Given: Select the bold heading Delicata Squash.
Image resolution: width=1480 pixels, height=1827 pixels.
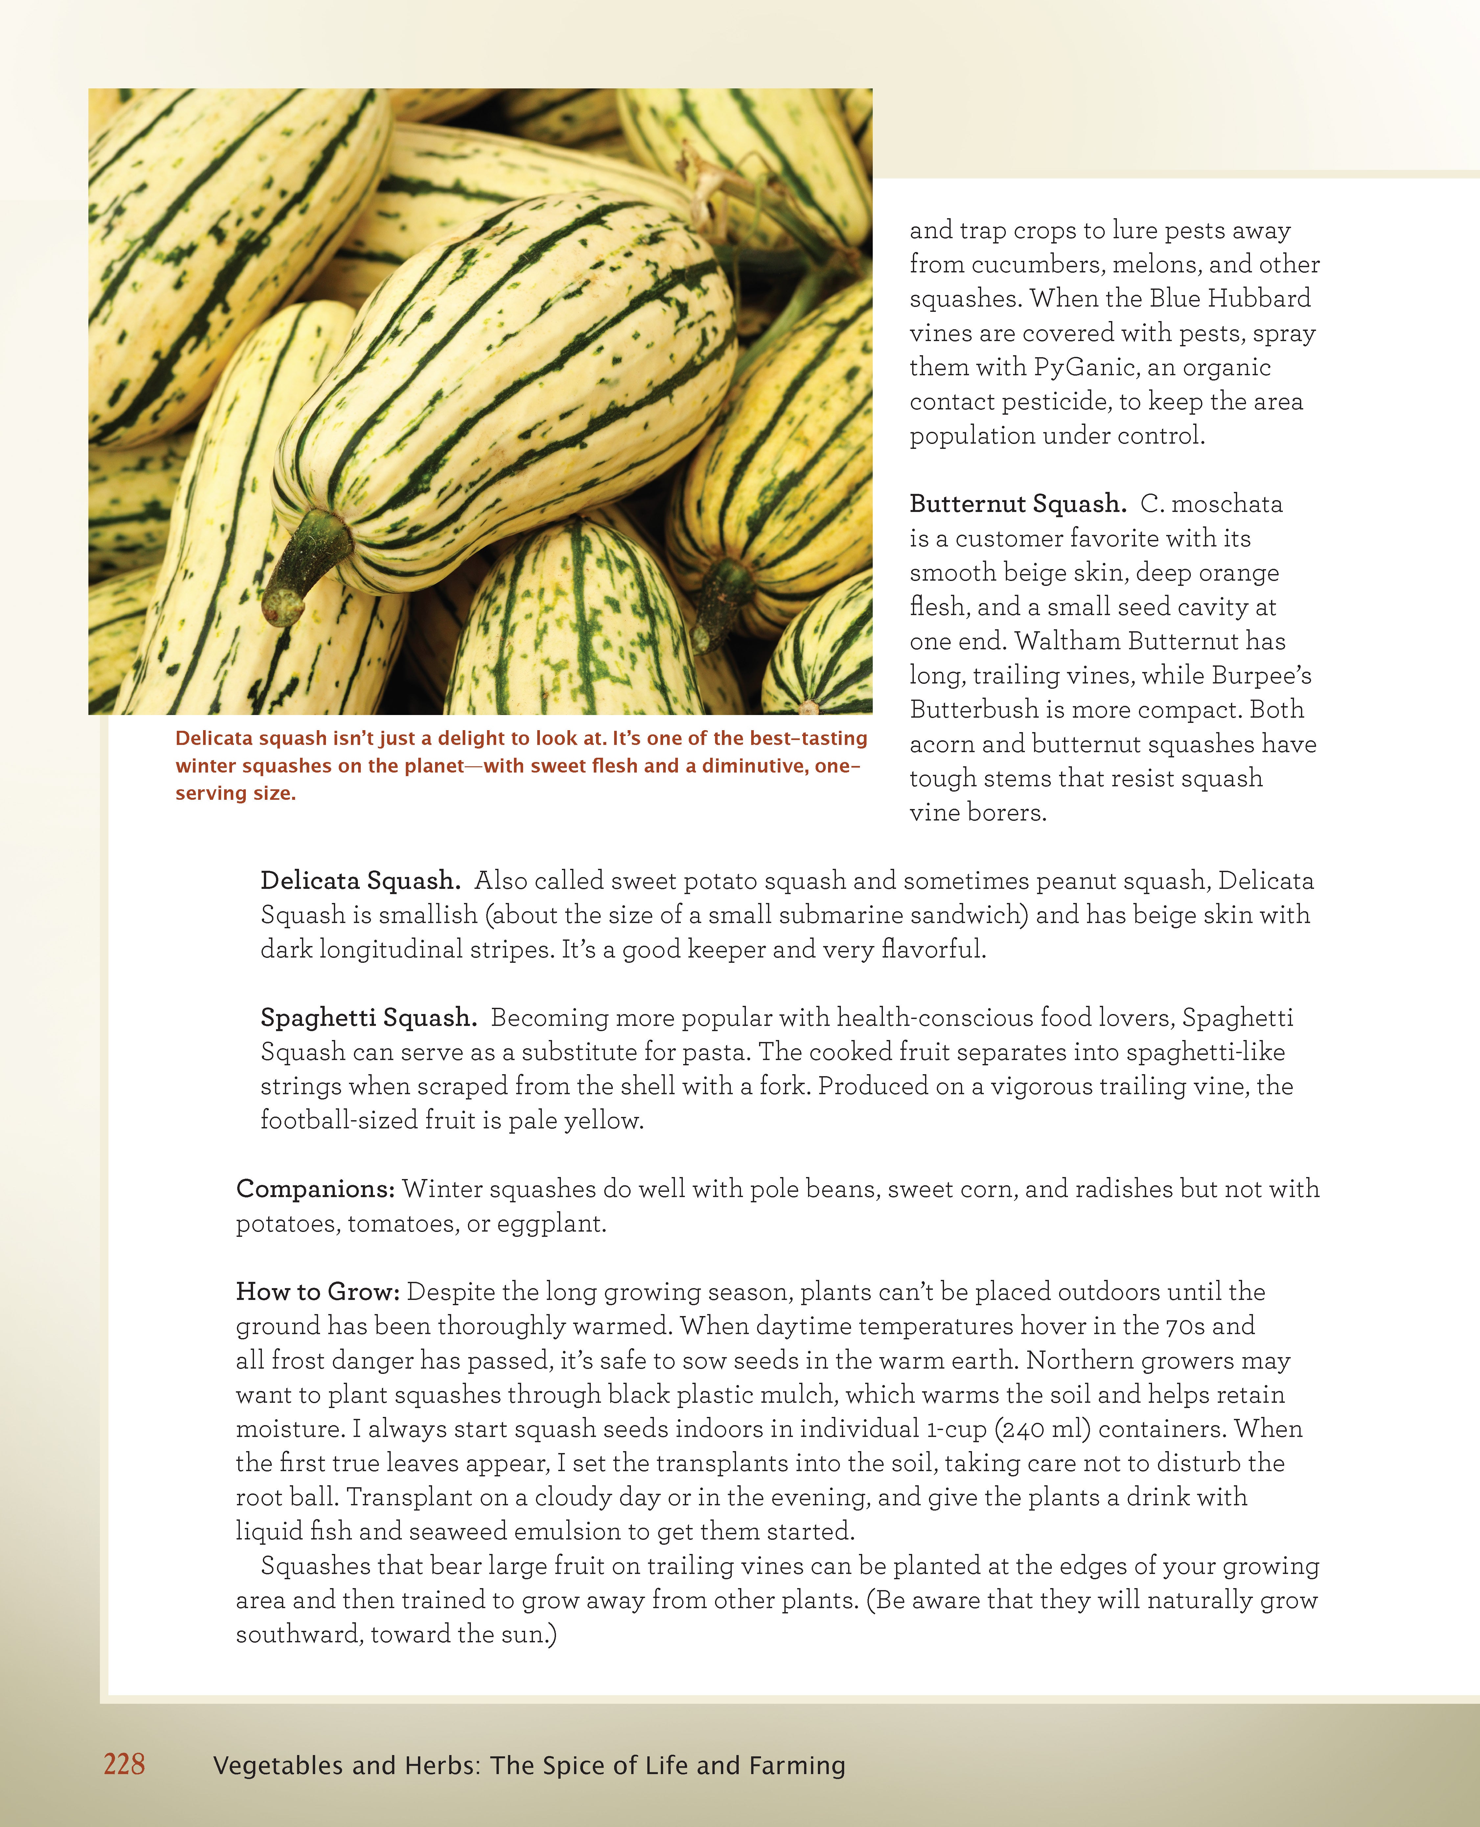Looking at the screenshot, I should pyautogui.click(x=360, y=881).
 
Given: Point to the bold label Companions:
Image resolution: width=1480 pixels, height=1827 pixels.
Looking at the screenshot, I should pyautogui.click(x=314, y=1189).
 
